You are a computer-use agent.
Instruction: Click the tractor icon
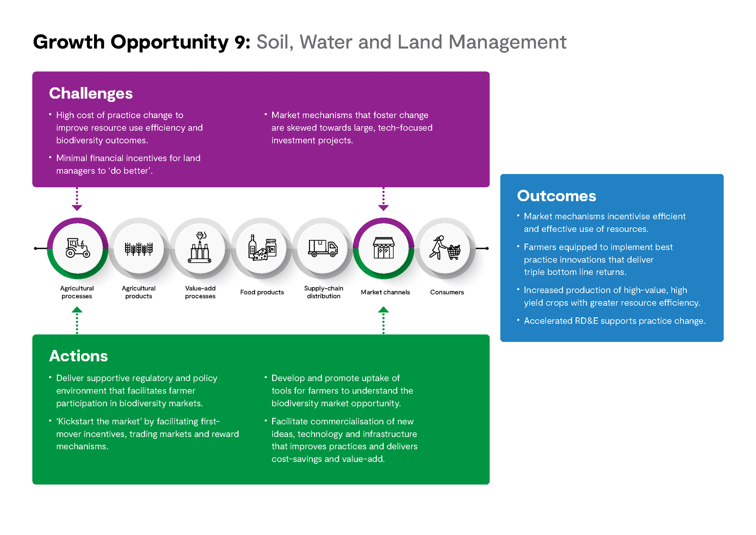(x=77, y=248)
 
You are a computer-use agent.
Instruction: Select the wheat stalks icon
(x=139, y=249)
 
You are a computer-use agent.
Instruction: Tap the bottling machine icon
(x=200, y=247)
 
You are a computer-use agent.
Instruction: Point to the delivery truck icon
(x=323, y=248)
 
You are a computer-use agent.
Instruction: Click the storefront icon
(x=383, y=248)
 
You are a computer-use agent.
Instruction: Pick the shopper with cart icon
(x=445, y=248)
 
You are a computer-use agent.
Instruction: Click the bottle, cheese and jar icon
(x=262, y=248)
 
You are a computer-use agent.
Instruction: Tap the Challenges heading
(x=91, y=94)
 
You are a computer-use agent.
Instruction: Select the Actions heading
(x=78, y=356)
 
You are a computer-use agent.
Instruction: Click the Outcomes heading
(x=556, y=196)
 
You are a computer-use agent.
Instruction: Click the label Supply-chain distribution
(x=324, y=292)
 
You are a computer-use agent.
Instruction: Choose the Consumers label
(x=447, y=292)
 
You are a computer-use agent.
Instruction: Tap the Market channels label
(x=385, y=292)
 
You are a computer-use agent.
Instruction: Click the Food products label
(x=262, y=292)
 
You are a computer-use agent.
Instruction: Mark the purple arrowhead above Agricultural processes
(x=77, y=208)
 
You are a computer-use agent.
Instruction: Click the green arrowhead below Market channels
(x=383, y=309)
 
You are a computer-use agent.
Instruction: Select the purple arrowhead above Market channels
(x=383, y=208)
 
